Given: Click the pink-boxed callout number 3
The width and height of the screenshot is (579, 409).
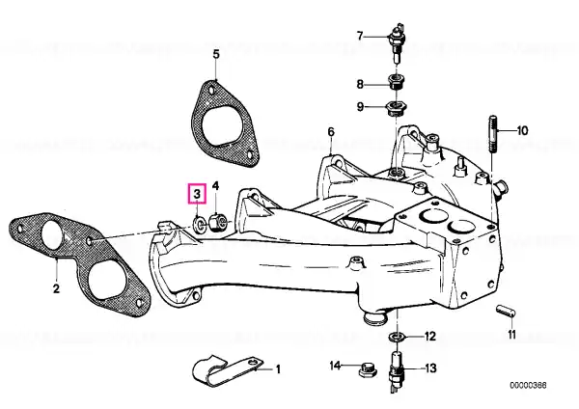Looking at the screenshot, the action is click(x=197, y=193).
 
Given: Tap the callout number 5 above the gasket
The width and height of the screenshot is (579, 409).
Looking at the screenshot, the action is click(x=216, y=54).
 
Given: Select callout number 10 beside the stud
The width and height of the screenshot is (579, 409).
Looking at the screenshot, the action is click(x=522, y=130).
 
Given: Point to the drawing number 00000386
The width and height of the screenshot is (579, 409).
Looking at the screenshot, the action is click(x=528, y=386).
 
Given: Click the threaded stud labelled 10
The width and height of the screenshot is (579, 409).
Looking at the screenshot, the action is click(x=494, y=134).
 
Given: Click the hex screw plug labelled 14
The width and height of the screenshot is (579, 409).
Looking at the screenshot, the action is click(x=368, y=369).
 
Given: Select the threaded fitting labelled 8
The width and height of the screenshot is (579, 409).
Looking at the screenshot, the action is click(x=398, y=82).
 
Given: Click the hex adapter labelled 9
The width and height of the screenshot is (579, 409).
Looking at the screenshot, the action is click(x=397, y=107).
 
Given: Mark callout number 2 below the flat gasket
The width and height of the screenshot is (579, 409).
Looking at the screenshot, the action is click(x=56, y=287).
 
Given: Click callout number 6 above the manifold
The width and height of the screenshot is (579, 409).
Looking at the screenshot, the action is click(x=331, y=132).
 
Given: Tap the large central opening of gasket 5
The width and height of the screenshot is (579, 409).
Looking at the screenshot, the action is click(x=222, y=124).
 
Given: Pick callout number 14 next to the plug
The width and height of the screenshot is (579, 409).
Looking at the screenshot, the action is click(x=335, y=366).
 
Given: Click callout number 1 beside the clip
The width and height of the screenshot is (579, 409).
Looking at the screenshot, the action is click(x=278, y=368).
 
